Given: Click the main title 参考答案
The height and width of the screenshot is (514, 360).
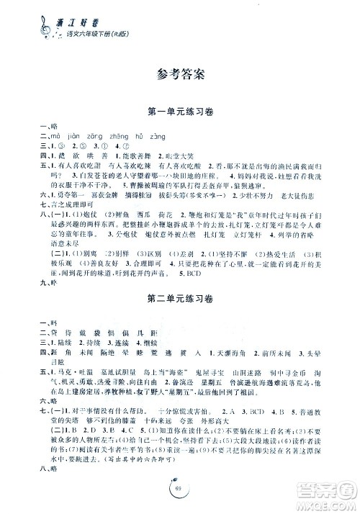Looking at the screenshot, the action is [180, 73].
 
